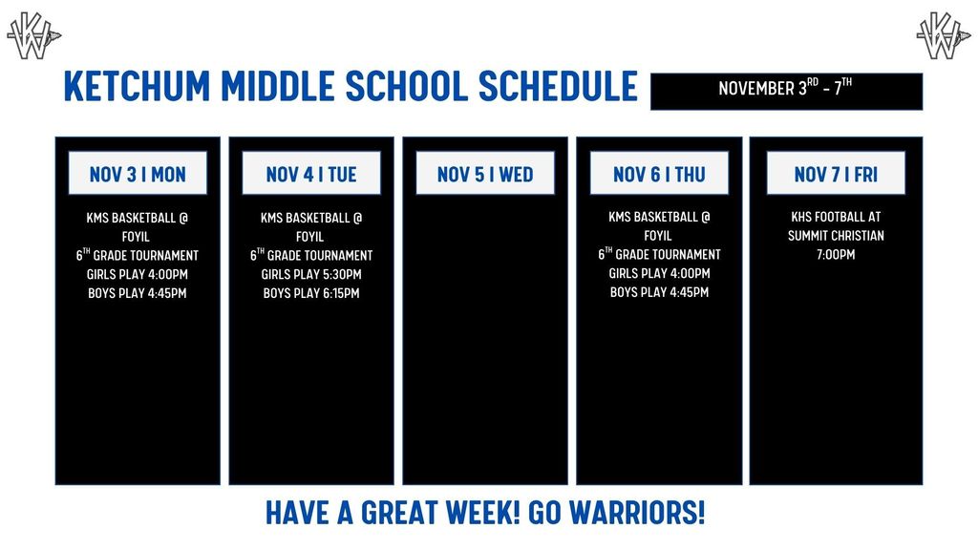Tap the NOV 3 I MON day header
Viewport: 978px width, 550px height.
pyautogui.click(x=138, y=174)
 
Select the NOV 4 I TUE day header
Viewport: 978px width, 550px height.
pyautogui.click(x=311, y=174)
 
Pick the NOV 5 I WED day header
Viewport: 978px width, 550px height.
pyautogui.click(x=485, y=174)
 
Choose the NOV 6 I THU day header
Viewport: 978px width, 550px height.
pyautogui.click(x=659, y=174)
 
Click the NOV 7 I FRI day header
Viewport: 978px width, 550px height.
pyautogui.click(x=836, y=174)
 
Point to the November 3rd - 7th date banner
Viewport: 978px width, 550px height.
pyautogui.click(x=786, y=91)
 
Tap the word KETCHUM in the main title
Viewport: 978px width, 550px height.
pyautogui.click(x=138, y=86)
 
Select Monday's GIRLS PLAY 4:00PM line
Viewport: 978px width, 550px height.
pyautogui.click(x=138, y=275)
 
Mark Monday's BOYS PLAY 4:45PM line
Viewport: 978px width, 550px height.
pyautogui.click(x=138, y=293)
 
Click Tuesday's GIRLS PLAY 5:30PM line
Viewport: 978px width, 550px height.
pyautogui.click(x=311, y=275)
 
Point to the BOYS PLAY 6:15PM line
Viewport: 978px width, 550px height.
pyautogui.click(x=311, y=293)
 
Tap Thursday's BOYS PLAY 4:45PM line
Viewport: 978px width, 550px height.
pyautogui.click(x=659, y=292)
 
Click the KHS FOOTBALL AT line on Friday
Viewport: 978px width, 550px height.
pyautogui.click(x=836, y=217)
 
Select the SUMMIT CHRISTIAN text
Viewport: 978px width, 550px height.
pyautogui.click(x=836, y=236)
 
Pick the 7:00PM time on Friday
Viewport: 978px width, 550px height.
pyautogui.click(x=836, y=255)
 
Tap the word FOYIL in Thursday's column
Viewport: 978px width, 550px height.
pyautogui.click(x=659, y=236)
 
